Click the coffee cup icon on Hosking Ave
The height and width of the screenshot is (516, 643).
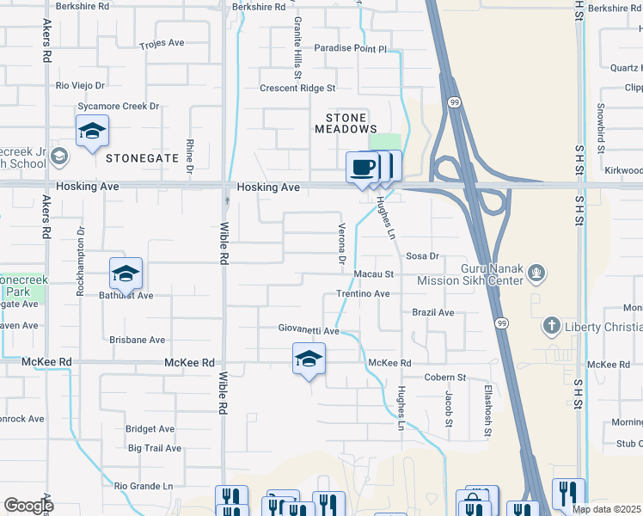pyautogui.click(x=363, y=166)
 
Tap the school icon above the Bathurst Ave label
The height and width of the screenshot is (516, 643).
pyautogui.click(x=126, y=274)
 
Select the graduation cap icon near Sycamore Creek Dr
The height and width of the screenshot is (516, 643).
pyautogui.click(x=92, y=132)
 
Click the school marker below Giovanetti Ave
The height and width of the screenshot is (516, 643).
pyautogui.click(x=309, y=359)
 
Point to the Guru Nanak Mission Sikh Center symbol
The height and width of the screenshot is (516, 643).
pyautogui.click(x=537, y=273)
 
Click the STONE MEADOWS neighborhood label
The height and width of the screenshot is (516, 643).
pyautogui.click(x=346, y=122)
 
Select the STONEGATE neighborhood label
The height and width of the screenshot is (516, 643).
pyautogui.click(x=142, y=158)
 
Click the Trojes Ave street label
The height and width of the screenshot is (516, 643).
pyautogui.click(x=162, y=43)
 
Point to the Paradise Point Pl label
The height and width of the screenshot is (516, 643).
pyautogui.click(x=351, y=49)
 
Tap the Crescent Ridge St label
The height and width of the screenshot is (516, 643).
pyautogui.click(x=297, y=88)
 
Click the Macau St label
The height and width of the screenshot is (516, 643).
pyautogui.click(x=373, y=274)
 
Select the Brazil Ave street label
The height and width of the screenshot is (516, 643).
pyautogui.click(x=432, y=312)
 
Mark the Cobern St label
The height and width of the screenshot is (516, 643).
pyautogui.click(x=444, y=377)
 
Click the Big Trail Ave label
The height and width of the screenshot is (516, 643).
pyautogui.click(x=155, y=448)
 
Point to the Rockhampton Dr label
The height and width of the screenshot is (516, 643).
pyautogui.click(x=80, y=262)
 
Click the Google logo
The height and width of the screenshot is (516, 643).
pyautogui.click(x=28, y=505)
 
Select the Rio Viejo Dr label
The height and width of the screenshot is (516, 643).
pyautogui.click(x=80, y=85)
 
